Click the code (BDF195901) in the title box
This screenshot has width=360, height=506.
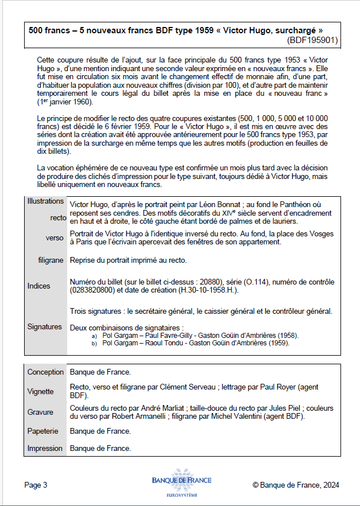pos(312,40)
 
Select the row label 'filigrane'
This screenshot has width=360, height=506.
pos(51,260)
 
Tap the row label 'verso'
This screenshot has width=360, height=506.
pos(55,238)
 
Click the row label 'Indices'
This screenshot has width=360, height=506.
pos(39,286)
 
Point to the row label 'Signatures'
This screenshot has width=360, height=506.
pos(44,326)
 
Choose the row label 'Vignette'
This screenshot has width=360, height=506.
pos(40,391)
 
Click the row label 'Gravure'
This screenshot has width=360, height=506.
pos(40,412)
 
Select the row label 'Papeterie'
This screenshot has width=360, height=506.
pos(43,430)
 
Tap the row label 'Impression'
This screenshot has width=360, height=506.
pos(45,448)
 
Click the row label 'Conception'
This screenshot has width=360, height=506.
pos(45,372)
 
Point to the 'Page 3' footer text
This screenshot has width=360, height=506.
pos(36,485)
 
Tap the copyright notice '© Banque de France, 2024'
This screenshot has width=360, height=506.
pos(296,485)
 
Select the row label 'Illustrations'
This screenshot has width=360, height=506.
pos(45,201)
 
